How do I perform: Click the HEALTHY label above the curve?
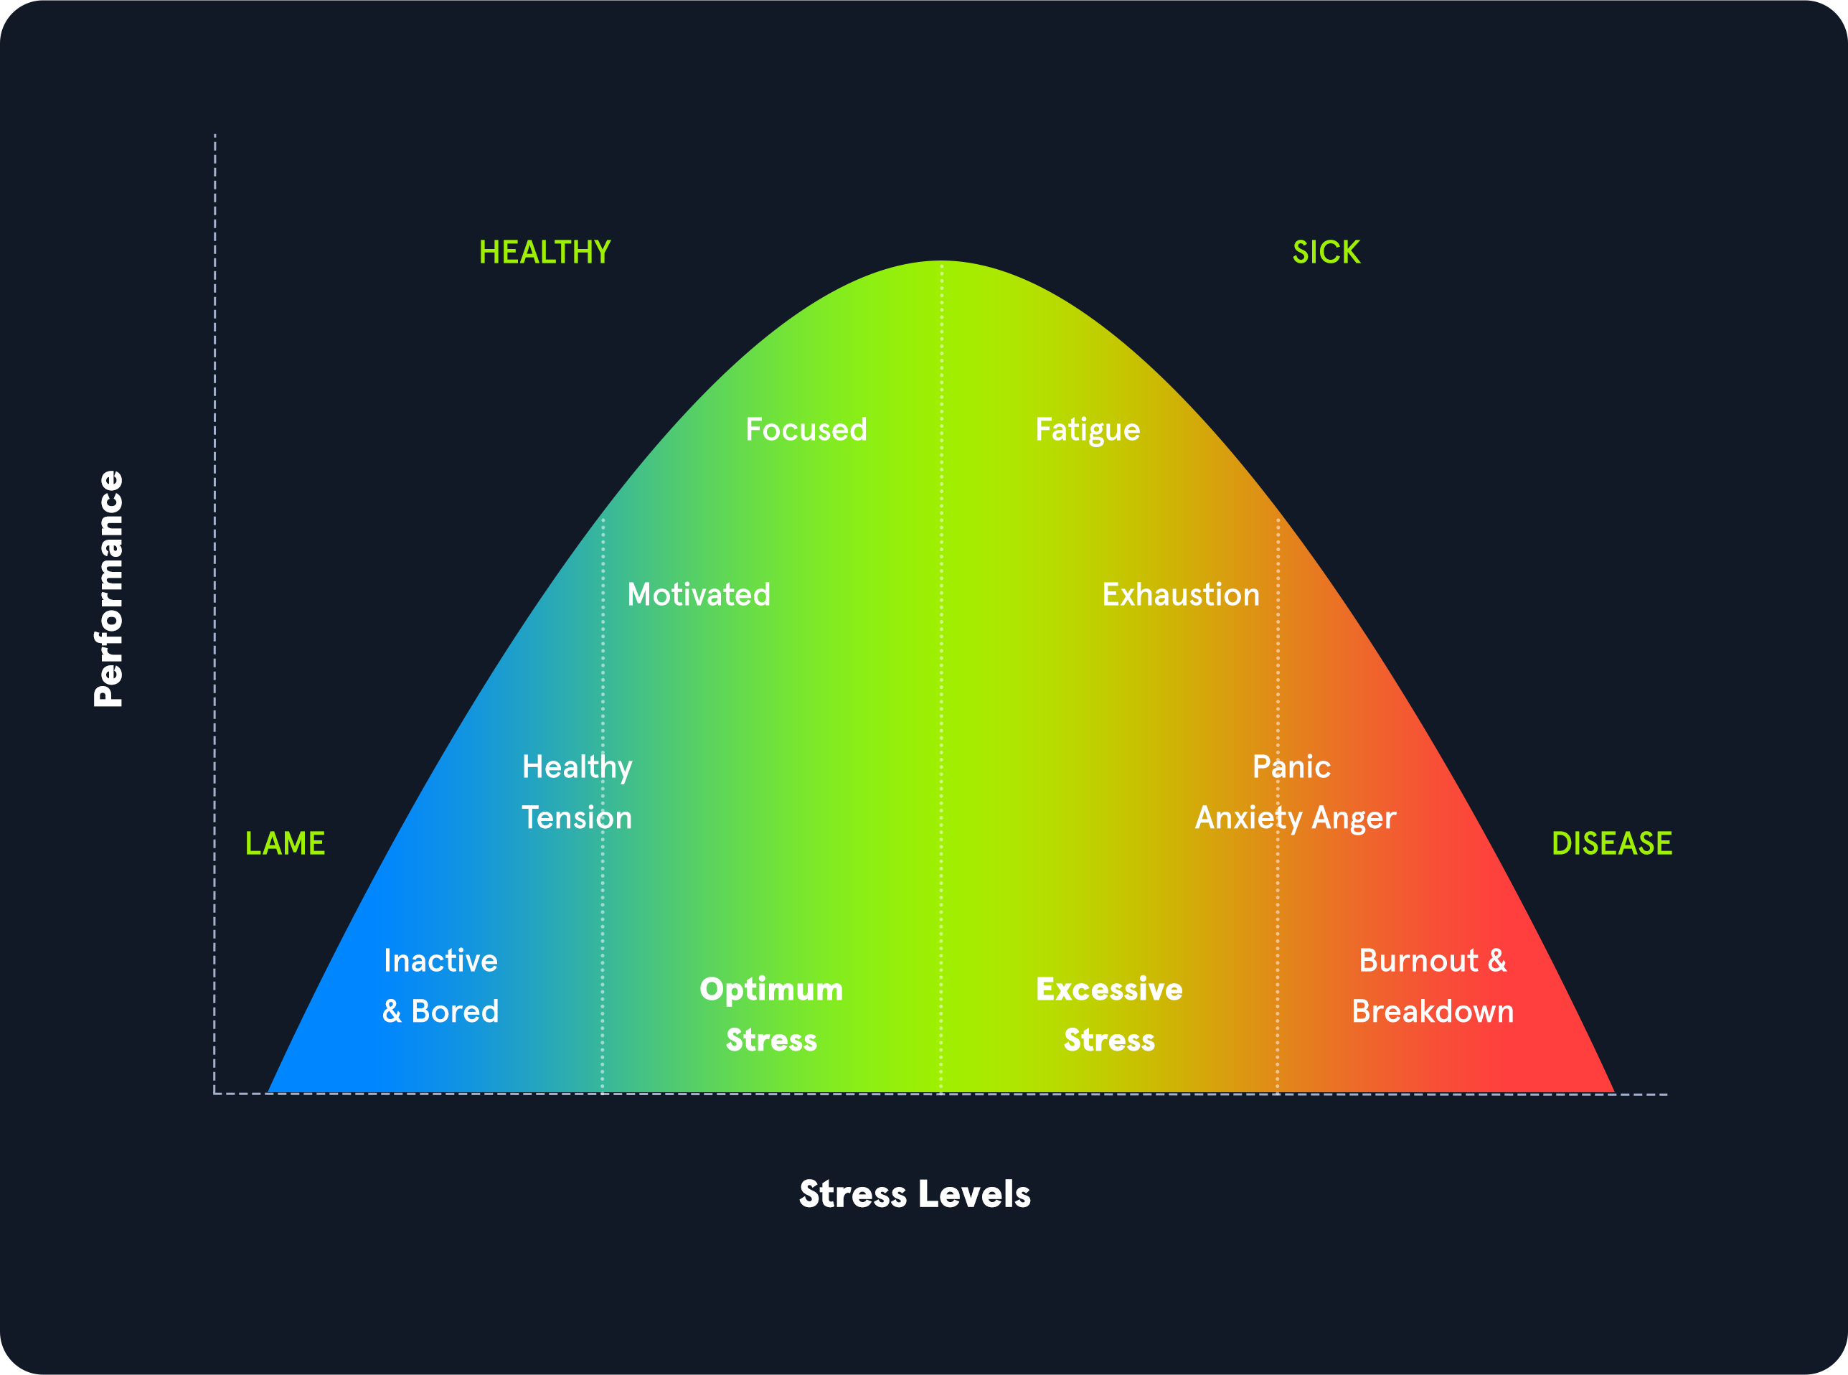click(545, 252)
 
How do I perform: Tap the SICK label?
click(1326, 252)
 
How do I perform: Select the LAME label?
click(285, 843)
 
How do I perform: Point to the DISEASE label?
click(1612, 843)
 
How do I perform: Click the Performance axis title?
click(109, 588)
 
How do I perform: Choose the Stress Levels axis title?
click(915, 1193)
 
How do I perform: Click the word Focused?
click(806, 429)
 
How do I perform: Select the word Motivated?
click(698, 594)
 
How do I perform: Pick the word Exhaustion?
click(1181, 594)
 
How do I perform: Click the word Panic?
click(1291, 766)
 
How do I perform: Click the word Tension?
click(577, 817)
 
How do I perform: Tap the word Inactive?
click(440, 960)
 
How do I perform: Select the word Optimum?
click(771, 989)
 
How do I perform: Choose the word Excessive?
click(1109, 989)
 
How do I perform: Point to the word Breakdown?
click(1432, 1011)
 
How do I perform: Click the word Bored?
click(455, 1011)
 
